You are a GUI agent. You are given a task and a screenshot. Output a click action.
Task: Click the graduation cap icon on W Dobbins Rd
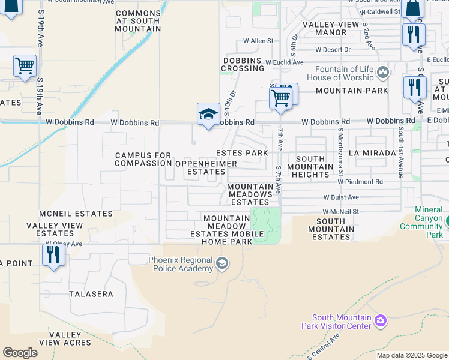tap(208, 114)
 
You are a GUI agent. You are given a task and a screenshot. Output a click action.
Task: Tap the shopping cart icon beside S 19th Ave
tap(25, 65)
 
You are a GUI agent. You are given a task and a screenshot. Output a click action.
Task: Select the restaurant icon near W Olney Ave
tap(53, 255)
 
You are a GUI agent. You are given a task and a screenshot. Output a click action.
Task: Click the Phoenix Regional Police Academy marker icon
tap(222, 263)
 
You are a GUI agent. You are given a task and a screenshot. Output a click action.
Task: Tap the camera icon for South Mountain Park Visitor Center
tap(380, 322)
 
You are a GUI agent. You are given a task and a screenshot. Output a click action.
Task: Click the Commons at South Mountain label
tap(139, 21)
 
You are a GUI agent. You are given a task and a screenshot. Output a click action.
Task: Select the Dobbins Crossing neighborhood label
tap(243, 64)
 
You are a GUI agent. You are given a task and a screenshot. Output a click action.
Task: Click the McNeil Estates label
tap(76, 214)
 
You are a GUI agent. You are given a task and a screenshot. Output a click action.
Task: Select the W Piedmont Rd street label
tap(360, 181)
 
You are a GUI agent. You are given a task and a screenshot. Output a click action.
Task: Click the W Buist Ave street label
tap(340, 197)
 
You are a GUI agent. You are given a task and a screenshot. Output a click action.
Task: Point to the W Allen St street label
tap(258, 41)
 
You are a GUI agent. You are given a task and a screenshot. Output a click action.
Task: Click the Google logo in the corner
tap(20, 352)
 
